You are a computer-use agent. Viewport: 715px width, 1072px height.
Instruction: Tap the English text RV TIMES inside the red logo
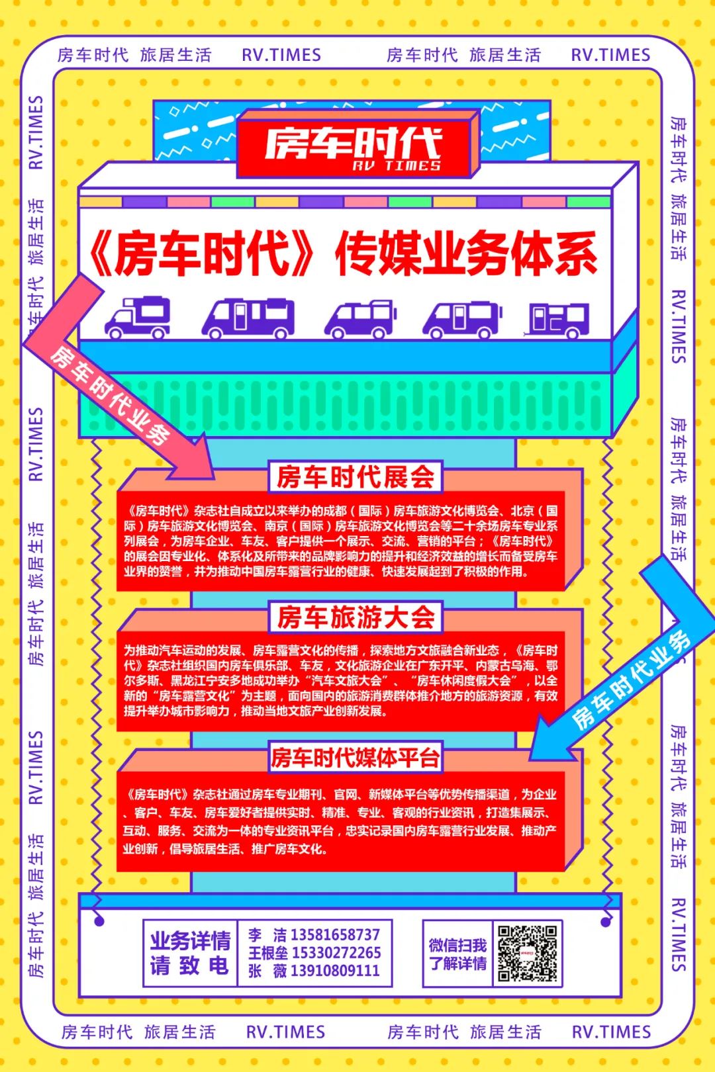(x=396, y=165)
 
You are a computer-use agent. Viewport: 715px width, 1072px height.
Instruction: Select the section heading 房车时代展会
(x=356, y=477)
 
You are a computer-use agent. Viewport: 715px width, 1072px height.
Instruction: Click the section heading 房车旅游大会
(x=356, y=617)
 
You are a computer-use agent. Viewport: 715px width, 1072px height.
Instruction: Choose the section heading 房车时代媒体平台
(x=356, y=758)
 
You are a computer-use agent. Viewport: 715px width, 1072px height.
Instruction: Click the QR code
(x=528, y=953)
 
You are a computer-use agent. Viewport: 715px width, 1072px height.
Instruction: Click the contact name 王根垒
(x=267, y=953)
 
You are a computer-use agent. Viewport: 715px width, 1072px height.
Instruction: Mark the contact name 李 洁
(x=267, y=935)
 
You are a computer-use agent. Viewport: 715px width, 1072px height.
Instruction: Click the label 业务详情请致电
(x=190, y=953)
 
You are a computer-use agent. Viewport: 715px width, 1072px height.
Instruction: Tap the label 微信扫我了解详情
(x=457, y=954)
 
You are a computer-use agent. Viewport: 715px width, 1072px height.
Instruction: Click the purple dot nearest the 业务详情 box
(x=99, y=921)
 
